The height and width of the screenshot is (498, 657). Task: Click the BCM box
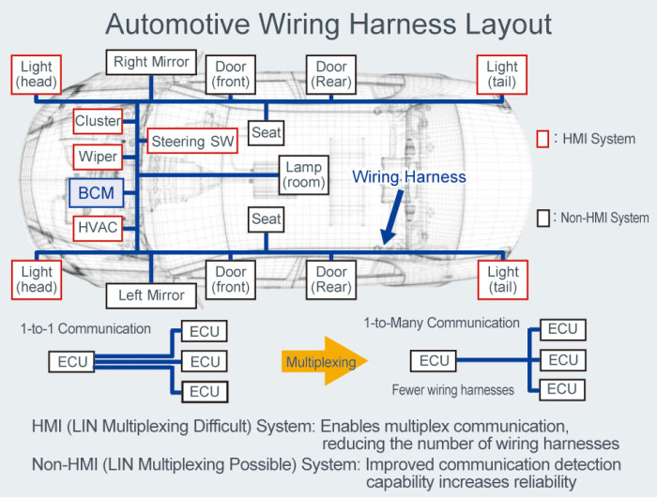coord(96,193)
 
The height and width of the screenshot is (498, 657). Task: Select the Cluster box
coord(98,121)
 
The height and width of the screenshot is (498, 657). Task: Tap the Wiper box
coord(98,157)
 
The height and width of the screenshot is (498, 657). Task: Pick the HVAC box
coord(98,228)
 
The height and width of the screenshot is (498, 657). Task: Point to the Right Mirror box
coord(151,63)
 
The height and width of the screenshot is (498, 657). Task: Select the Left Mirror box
coord(151,295)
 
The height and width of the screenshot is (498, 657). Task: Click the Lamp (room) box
coord(303,174)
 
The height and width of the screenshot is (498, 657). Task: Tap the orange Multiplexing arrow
coord(324,360)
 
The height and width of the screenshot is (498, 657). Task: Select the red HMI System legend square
coord(542,139)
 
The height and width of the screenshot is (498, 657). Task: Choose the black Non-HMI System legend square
coord(542,218)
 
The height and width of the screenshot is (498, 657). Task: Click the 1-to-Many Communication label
coord(441,323)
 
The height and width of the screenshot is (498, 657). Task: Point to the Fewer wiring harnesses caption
coord(454,388)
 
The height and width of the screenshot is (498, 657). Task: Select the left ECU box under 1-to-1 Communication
coord(71,361)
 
